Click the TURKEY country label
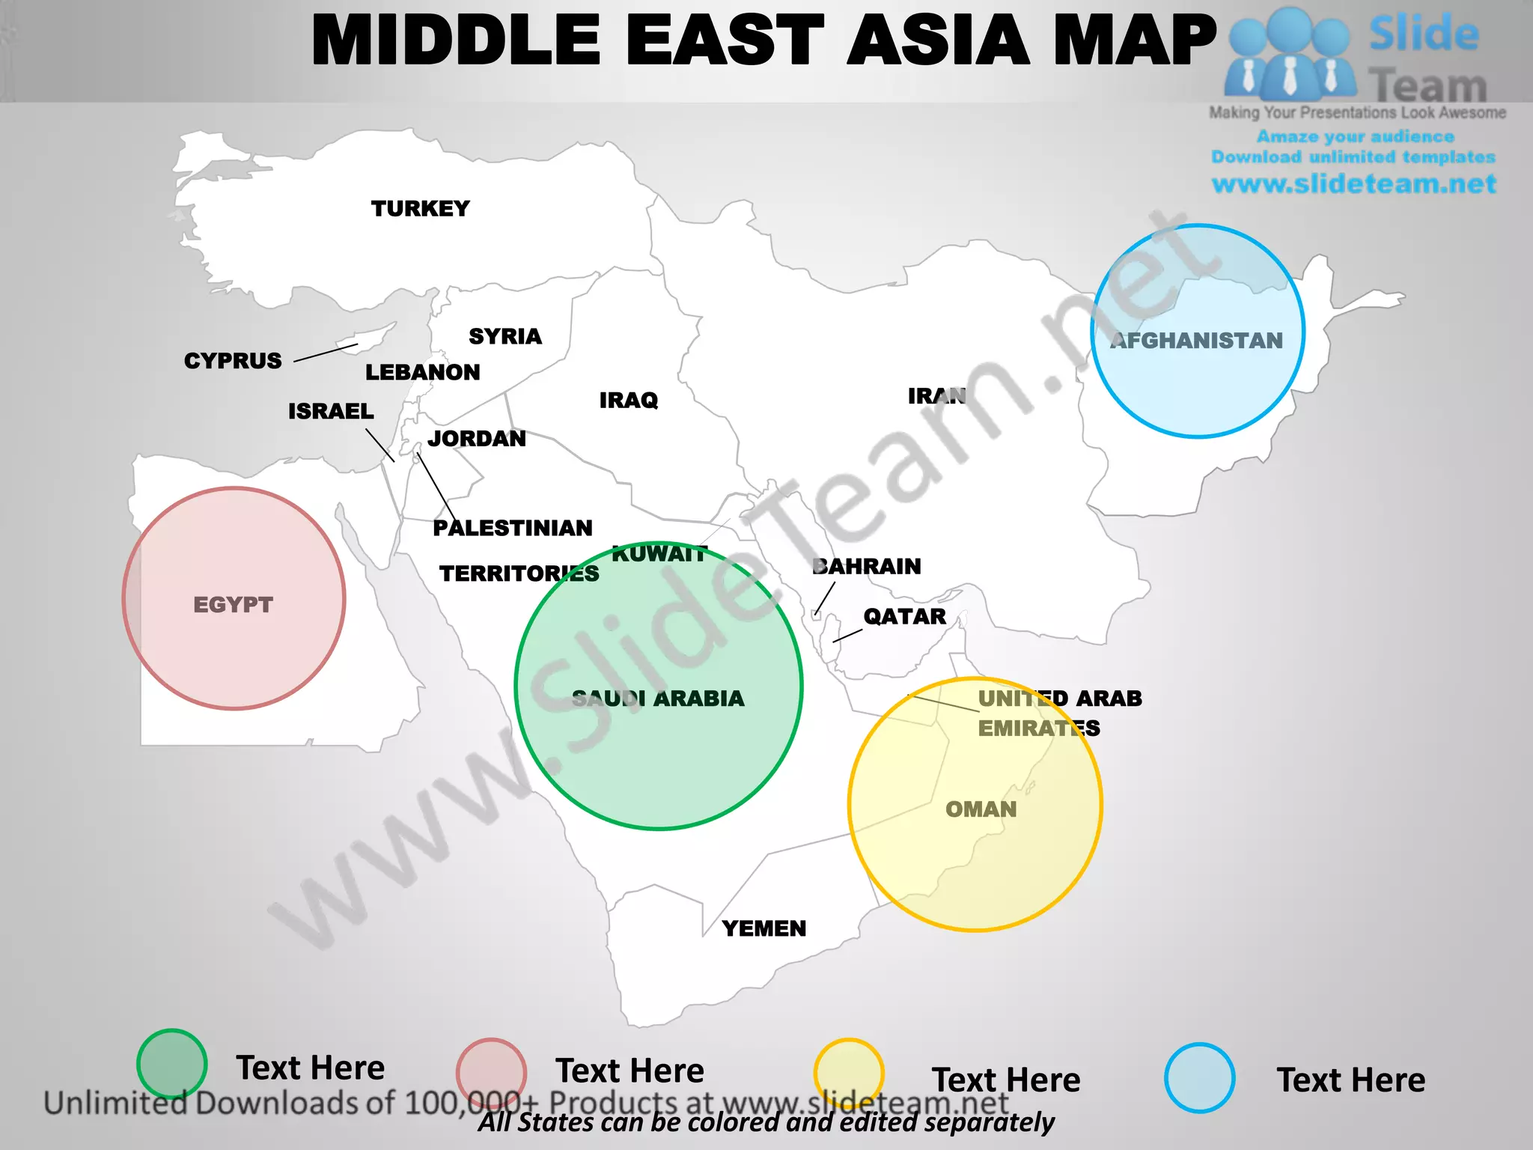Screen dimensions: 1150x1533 coord(420,208)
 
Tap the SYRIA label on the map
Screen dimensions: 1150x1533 coord(505,336)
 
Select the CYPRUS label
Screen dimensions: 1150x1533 coord(233,360)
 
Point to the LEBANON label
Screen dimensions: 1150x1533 coord(422,372)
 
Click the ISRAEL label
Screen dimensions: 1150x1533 coord(331,411)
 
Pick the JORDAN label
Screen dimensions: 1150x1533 coord(477,438)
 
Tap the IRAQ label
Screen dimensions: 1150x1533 coord(629,400)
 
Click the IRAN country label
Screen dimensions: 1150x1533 coord(936,395)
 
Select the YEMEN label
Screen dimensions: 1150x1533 coord(764,928)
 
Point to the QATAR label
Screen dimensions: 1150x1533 coord(904,616)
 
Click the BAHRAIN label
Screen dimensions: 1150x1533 coord(867,566)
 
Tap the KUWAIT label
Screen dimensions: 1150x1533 coord(659,554)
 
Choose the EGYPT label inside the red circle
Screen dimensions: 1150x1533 coord(233,604)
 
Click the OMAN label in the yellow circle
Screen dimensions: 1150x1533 coord(981,809)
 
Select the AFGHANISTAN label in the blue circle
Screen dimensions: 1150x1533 coord(1196,341)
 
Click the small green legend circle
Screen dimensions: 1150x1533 coord(172,1064)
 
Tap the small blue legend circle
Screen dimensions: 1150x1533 coord(1199,1078)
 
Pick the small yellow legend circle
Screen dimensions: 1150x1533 coord(848,1073)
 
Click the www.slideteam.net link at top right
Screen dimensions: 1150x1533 coord(1353,183)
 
